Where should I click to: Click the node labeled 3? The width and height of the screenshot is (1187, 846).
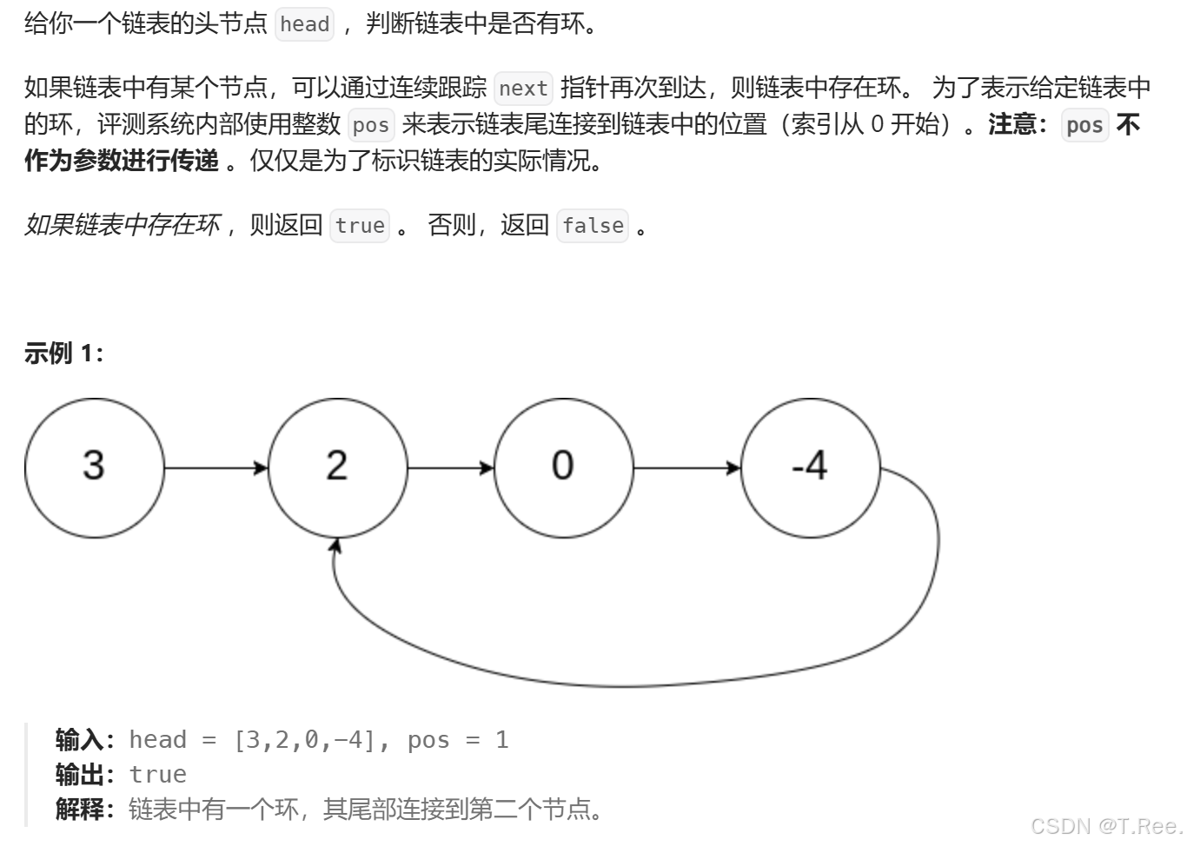tap(94, 467)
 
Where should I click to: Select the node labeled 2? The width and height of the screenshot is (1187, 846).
tap(337, 467)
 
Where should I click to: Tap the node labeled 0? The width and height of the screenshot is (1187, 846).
tap(563, 467)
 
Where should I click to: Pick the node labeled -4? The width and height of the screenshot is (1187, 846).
tap(810, 467)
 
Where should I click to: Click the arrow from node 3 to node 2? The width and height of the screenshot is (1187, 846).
tap(216, 468)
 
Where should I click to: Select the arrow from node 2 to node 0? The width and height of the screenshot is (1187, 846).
tap(450, 468)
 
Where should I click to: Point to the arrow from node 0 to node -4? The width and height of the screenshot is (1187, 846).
tap(686, 468)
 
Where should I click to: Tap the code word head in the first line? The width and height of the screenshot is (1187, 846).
tap(304, 24)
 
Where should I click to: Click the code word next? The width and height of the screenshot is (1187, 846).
tap(523, 89)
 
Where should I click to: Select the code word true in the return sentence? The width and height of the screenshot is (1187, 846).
tap(360, 226)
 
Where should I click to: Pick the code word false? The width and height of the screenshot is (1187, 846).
tap(593, 226)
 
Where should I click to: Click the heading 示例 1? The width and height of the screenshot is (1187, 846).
tap(63, 354)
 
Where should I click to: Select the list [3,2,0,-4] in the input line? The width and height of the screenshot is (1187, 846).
tap(305, 740)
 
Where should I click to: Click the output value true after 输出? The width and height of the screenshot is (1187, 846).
tap(157, 775)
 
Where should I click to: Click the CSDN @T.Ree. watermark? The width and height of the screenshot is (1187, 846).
tap(1105, 826)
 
